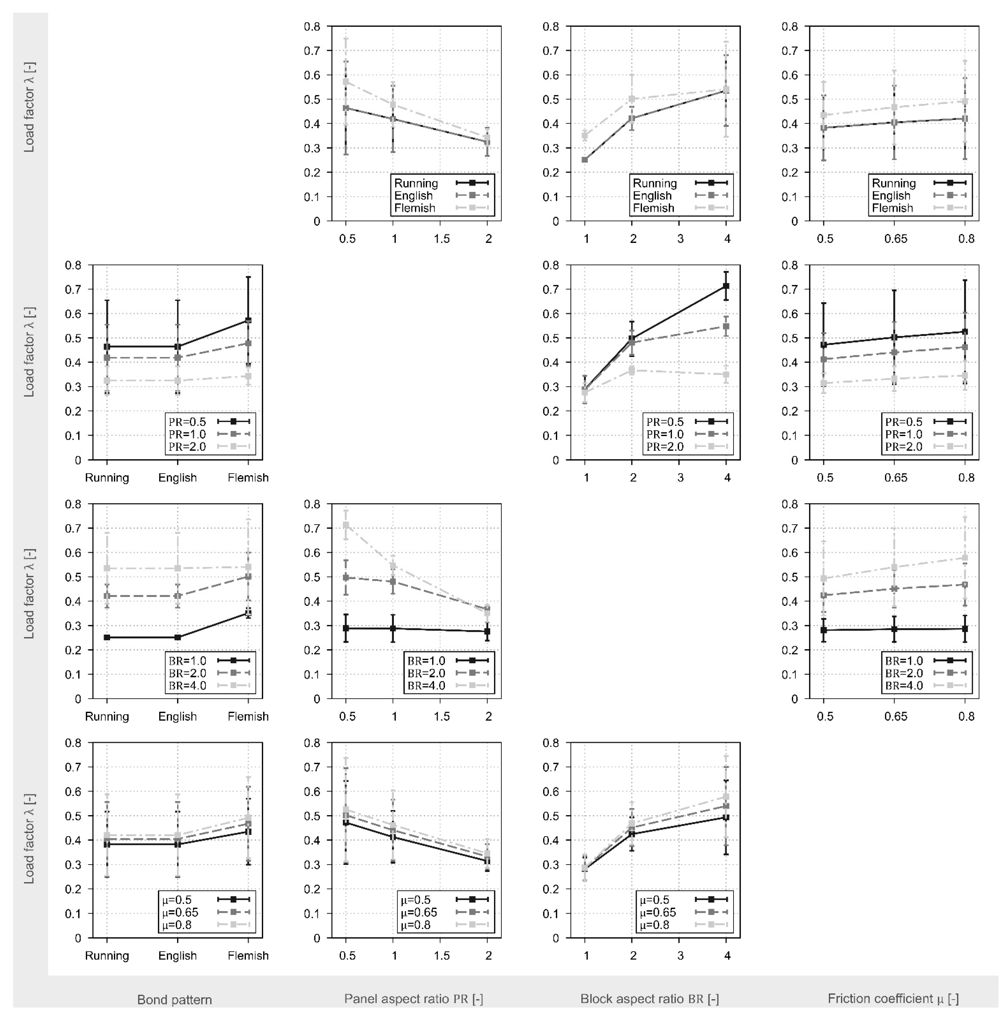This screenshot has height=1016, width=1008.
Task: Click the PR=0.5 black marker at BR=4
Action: (726, 286)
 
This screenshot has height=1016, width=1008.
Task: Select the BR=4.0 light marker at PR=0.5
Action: (346, 525)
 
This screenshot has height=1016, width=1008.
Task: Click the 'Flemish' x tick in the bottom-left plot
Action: (248, 955)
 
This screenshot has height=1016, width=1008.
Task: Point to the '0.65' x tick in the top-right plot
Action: (896, 239)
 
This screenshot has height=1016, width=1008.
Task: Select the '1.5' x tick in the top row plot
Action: (441, 239)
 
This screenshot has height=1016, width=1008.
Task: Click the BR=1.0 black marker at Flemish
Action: (248, 613)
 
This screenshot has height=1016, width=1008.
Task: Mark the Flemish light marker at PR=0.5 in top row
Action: (346, 82)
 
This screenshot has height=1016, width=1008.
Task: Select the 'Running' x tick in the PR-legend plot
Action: (107, 477)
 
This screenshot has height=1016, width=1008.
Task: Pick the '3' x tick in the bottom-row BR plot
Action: (680, 955)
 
